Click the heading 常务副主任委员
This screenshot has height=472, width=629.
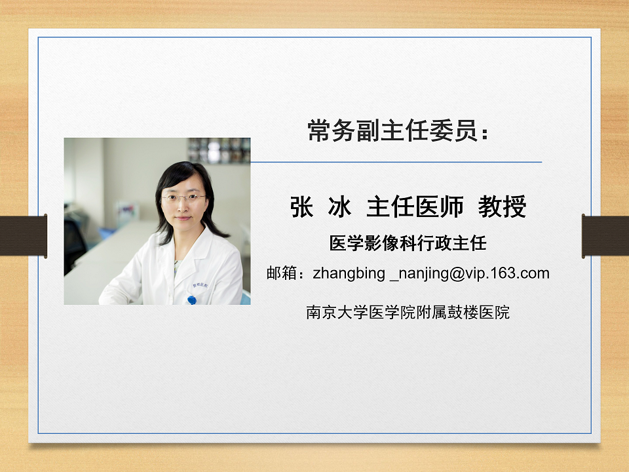click(x=392, y=130)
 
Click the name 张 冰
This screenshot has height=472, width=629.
click(x=320, y=206)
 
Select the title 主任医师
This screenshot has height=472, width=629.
click(x=415, y=206)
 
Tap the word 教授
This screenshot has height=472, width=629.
click(x=503, y=206)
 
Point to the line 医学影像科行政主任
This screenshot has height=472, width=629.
click(x=408, y=243)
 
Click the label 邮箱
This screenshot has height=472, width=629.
click(x=282, y=273)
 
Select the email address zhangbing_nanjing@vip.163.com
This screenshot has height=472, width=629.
click(x=431, y=273)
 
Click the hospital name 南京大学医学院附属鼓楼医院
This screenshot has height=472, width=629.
click(x=408, y=312)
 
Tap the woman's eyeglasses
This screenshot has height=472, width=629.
click(x=183, y=197)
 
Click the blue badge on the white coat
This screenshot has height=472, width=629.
click(x=192, y=300)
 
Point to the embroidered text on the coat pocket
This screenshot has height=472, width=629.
click(x=200, y=285)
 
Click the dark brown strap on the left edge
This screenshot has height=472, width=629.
click(x=24, y=236)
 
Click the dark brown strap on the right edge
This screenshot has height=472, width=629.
click(x=605, y=236)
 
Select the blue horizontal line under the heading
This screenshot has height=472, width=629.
click(x=396, y=162)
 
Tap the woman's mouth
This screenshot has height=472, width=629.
click(x=183, y=218)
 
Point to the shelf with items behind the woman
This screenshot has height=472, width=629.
click(x=219, y=151)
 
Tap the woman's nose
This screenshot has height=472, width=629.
click(x=183, y=206)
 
